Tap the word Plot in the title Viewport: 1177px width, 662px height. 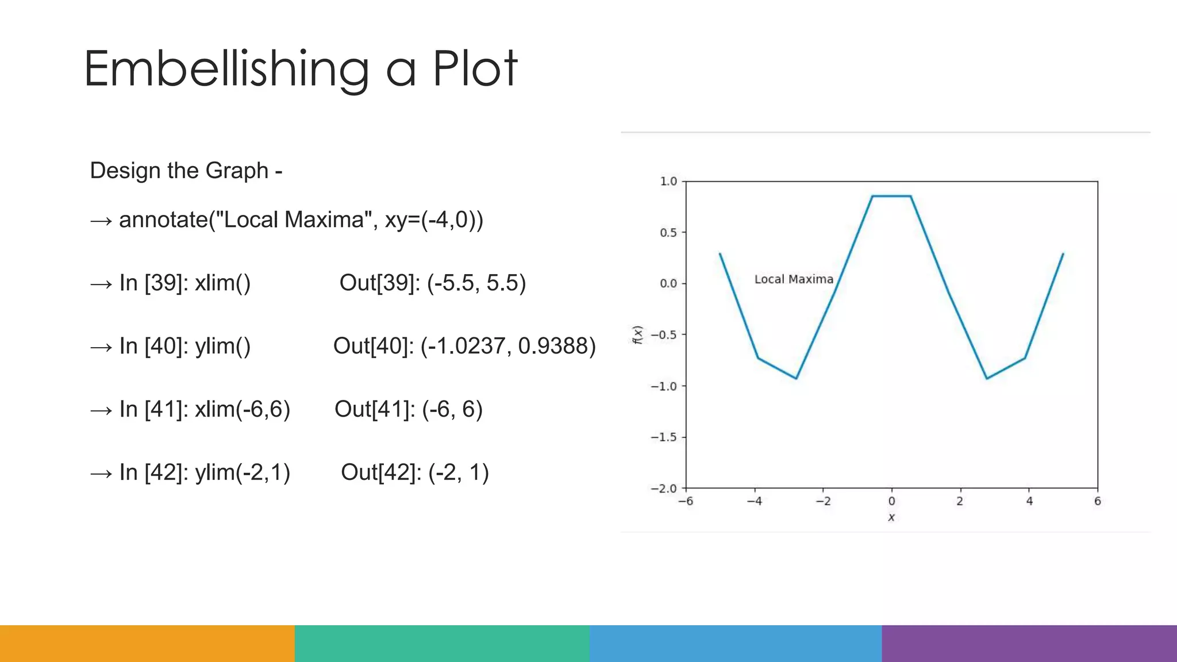point(475,69)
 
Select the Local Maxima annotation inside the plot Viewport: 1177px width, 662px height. point(793,279)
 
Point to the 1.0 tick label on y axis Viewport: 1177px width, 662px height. point(668,182)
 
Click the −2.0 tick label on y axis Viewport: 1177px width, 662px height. point(664,488)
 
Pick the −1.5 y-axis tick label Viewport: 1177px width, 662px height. point(664,437)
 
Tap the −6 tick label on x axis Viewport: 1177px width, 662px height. point(685,501)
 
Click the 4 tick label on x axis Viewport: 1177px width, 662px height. point(1029,501)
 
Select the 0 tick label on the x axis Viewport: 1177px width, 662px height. point(891,501)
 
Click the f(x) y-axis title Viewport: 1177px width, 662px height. point(637,334)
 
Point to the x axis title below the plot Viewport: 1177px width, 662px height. point(891,517)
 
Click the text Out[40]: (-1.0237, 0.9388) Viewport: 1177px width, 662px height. point(464,346)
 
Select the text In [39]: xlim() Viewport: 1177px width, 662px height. point(185,283)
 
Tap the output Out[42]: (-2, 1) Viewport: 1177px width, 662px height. point(414,472)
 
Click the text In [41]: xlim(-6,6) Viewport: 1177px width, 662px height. point(205,409)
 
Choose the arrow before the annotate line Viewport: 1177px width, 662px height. point(101,221)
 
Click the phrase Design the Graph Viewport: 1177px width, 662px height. point(179,171)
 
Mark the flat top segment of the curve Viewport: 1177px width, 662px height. point(891,196)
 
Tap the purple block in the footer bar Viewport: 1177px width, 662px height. point(1029,643)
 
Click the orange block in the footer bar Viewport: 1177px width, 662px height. point(147,643)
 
